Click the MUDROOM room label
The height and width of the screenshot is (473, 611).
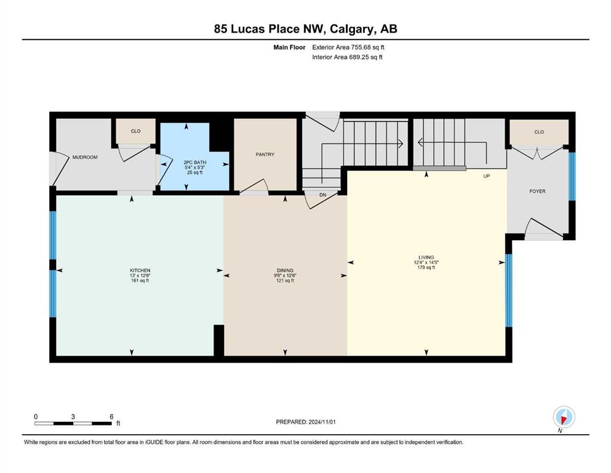click(x=85, y=157)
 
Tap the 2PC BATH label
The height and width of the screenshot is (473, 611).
click(x=195, y=162)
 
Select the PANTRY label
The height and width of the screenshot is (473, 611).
click(x=265, y=155)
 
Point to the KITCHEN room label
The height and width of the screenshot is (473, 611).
click(x=140, y=270)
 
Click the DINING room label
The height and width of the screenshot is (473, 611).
click(x=285, y=270)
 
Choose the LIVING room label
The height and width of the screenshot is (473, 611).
click(x=426, y=257)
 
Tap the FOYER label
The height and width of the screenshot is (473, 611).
click(x=537, y=191)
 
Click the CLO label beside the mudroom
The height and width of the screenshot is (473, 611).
click(x=135, y=131)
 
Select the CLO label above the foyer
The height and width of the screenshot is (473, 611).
click(x=539, y=132)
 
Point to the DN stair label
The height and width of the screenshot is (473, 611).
click(x=322, y=195)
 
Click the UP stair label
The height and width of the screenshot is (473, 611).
click(x=486, y=176)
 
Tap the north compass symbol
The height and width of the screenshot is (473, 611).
click(x=564, y=418)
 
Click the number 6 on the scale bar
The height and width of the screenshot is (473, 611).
click(x=111, y=416)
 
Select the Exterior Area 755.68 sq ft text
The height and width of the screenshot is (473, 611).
click(x=348, y=47)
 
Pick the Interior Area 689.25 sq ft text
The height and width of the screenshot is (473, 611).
click(x=347, y=57)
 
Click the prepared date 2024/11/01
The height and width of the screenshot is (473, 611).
click(x=322, y=422)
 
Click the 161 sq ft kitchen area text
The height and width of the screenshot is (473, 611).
click(x=140, y=281)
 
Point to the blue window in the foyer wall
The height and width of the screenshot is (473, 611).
click(x=572, y=176)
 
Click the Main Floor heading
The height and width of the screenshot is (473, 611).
click(x=289, y=47)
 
